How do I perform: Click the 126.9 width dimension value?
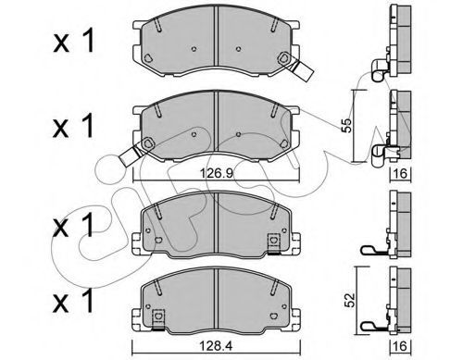(217, 174)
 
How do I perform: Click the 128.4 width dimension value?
(216, 347)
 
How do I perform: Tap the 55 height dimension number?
(347, 125)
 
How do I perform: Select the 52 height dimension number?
(349, 301)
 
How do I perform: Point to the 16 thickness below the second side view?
(400, 174)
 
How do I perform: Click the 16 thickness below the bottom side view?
(400, 346)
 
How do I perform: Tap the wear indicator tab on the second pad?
(130, 155)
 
